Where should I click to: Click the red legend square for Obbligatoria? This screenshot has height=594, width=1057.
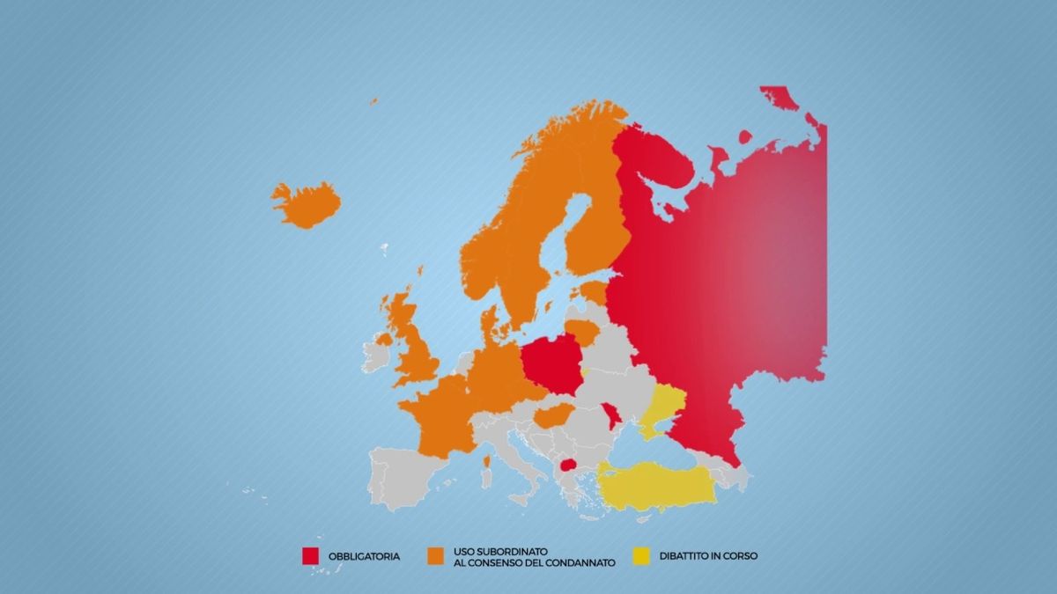(310, 556)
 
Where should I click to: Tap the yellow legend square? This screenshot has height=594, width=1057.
(642, 556)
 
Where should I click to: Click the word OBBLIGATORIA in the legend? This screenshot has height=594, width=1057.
(364, 556)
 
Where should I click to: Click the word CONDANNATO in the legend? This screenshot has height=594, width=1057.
(574, 561)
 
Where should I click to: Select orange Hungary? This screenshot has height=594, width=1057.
(552, 414)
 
